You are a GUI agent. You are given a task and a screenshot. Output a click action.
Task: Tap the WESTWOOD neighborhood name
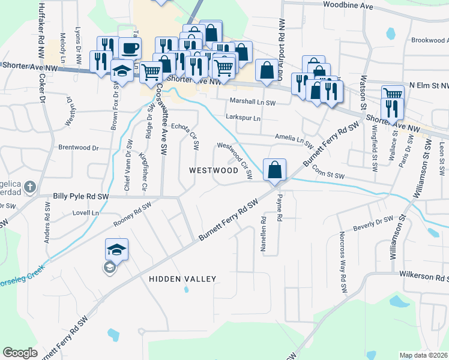[x=214, y=170]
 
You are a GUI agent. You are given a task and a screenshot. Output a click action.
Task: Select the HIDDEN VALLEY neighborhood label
[x=182, y=279]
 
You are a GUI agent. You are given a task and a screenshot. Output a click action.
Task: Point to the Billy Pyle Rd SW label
[x=81, y=196]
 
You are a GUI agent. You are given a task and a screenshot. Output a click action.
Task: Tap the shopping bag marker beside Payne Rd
[x=274, y=170]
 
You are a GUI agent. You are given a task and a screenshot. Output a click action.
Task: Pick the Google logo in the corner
[x=20, y=353]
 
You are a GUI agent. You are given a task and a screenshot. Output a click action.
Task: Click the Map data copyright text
[x=423, y=355]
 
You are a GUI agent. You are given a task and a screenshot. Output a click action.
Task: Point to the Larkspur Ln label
[x=243, y=118]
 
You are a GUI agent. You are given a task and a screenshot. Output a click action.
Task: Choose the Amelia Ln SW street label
[x=294, y=141]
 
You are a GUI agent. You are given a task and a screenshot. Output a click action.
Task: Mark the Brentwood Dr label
[x=78, y=147]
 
